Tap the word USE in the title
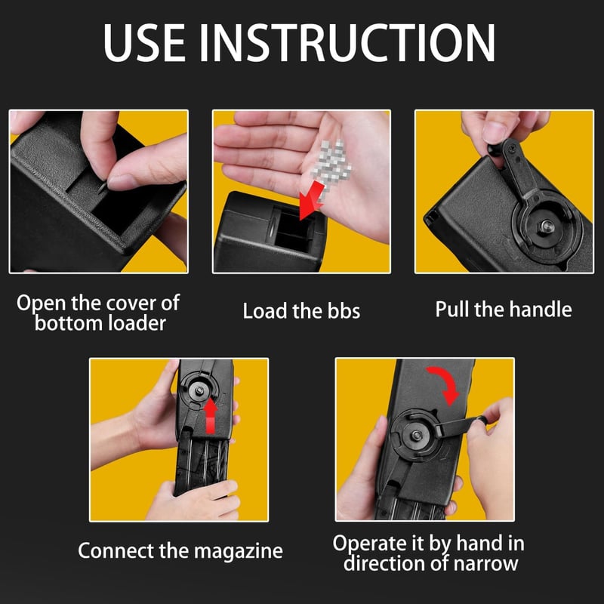144,43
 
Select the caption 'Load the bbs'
301,311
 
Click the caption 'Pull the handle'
504,310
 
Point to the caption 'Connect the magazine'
180,551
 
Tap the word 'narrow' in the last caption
485,563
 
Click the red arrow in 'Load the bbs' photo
312,200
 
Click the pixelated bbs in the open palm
331,165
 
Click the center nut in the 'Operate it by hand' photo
417,436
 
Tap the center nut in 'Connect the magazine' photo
199,390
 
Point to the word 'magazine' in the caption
238,552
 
